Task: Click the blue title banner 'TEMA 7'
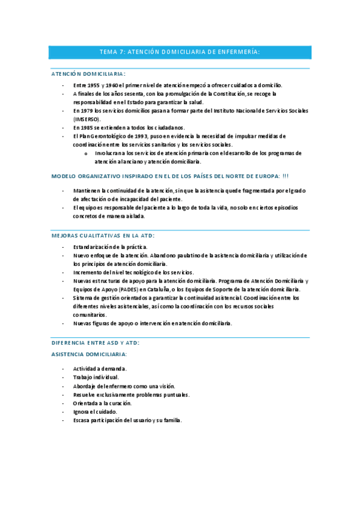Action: [180, 52]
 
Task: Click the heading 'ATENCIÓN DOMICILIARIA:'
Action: [88, 73]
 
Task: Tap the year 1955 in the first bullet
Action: [93, 85]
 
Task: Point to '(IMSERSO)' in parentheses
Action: [87, 119]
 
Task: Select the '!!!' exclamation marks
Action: [285, 176]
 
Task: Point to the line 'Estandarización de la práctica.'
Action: [110, 247]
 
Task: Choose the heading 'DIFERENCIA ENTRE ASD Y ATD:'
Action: [96, 342]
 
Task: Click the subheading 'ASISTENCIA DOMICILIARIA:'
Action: [89, 354]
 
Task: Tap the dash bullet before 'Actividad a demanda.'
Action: [64, 368]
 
